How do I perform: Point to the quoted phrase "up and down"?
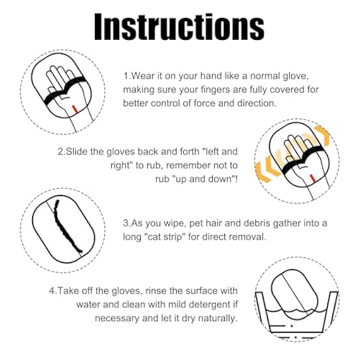[x=208, y=179]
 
